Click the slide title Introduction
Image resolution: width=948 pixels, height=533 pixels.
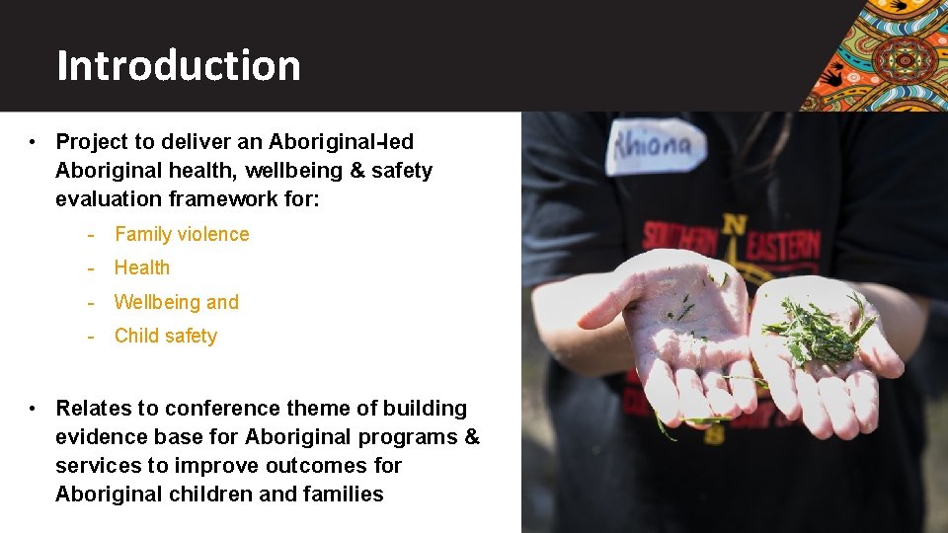179,65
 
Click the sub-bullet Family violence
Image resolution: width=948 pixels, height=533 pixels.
182,234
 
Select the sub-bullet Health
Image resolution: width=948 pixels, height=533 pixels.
142,267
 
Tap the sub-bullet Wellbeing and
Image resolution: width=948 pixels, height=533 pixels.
177,302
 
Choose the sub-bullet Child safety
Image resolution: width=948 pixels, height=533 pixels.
166,336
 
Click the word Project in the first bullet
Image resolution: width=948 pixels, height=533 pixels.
91,142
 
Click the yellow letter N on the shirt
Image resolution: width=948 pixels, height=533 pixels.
733,224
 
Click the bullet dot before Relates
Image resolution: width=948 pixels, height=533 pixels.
34,409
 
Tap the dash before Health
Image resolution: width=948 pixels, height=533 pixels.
91,267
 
